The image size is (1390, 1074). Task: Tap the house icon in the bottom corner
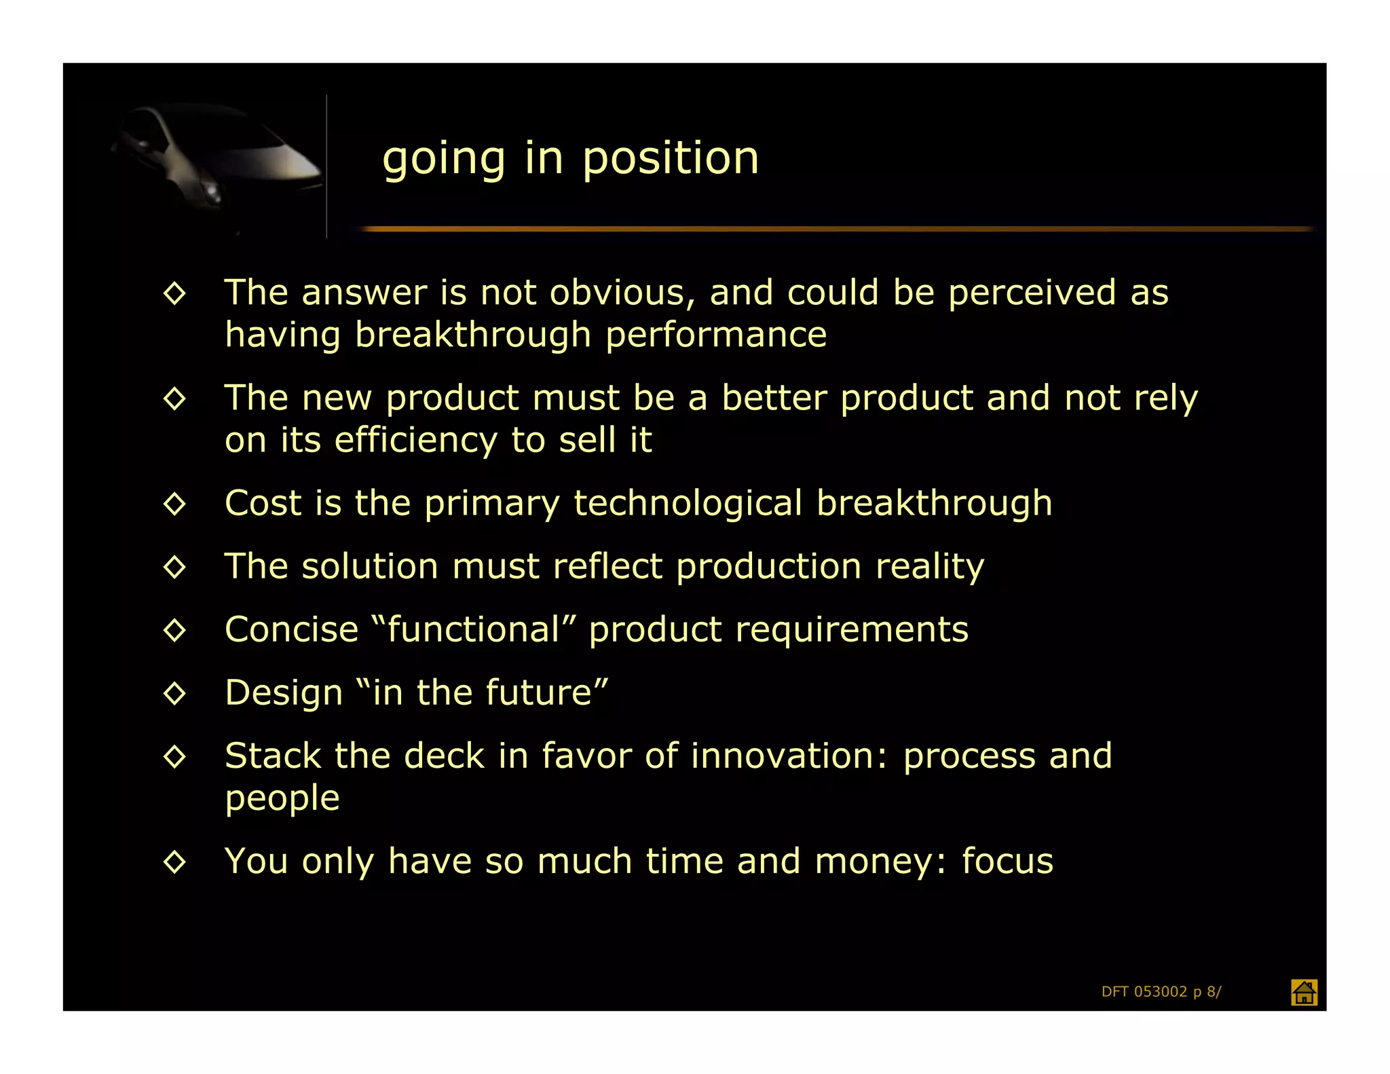tap(1303, 992)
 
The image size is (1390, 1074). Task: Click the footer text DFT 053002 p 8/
tap(1161, 992)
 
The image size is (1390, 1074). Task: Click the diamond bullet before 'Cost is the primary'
tap(174, 504)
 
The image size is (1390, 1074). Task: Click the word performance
tap(716, 335)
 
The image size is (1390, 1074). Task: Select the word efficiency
tap(415, 441)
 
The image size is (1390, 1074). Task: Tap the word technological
tap(688, 503)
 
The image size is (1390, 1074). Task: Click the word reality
tap(929, 567)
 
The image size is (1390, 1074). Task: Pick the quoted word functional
tap(474, 629)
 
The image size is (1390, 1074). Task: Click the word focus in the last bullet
tap(1007, 861)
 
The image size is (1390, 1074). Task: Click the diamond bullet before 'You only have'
tap(174, 862)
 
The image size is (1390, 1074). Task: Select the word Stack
tap(273, 756)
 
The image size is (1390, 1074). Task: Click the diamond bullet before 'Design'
tap(174, 693)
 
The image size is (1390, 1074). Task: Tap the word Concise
tap(291, 629)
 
